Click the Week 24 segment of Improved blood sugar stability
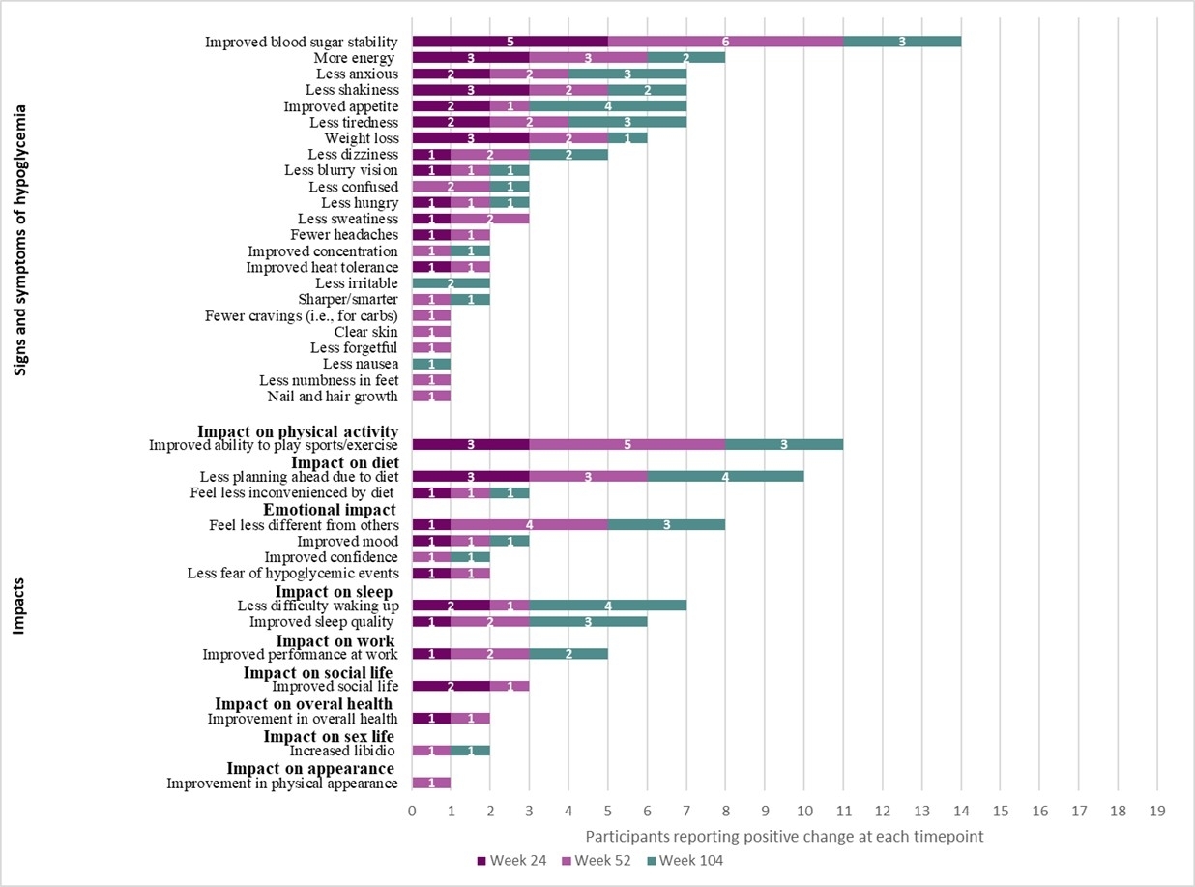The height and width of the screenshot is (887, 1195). tap(510, 42)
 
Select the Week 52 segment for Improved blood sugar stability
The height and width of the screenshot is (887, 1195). tap(725, 42)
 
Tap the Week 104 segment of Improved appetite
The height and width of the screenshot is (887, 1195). tap(607, 106)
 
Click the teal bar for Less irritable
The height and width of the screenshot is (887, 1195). tap(451, 283)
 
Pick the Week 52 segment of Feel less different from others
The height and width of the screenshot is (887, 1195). tap(529, 525)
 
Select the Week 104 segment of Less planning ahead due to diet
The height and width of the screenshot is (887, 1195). tap(725, 477)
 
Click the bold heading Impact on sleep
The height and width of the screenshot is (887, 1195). tap(334, 591)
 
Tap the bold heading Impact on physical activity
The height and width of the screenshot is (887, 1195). tap(298, 430)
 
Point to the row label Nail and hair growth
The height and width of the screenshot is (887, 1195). tap(333, 397)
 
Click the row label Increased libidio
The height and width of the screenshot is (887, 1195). tap(343, 751)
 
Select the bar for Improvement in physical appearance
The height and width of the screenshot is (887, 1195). tap(431, 783)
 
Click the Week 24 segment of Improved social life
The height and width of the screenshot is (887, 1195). tap(451, 686)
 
